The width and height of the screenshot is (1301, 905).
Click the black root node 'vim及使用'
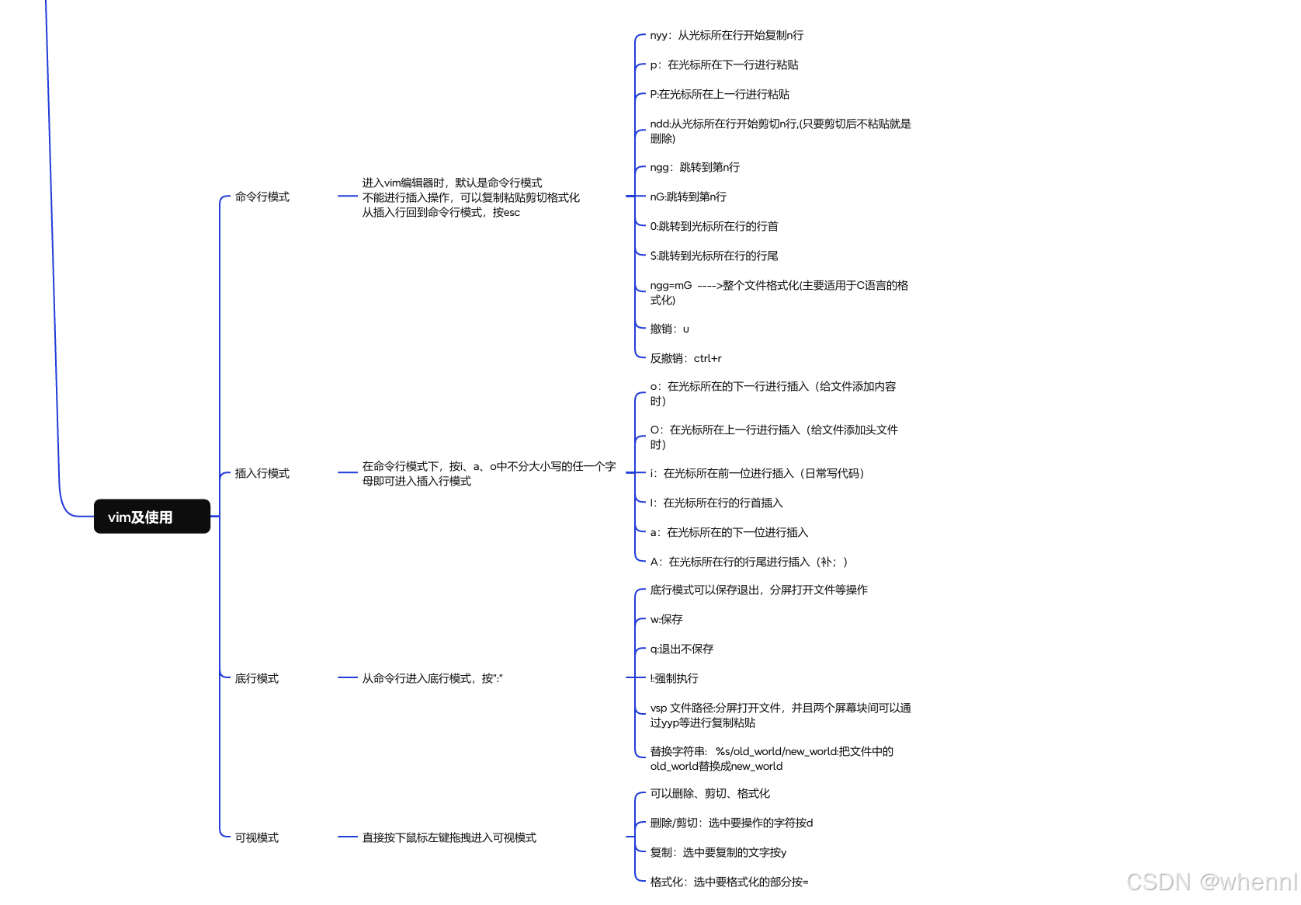(x=151, y=517)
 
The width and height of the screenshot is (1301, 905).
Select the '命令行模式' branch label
(x=262, y=197)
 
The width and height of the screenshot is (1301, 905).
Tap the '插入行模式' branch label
(x=262, y=474)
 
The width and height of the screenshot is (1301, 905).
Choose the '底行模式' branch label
(x=256, y=679)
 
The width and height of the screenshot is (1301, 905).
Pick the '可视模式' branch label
(x=256, y=838)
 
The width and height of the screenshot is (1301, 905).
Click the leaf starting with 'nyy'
(x=727, y=36)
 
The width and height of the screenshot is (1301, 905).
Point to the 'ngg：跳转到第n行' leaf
(x=695, y=168)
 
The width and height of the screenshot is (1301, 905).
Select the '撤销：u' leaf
(x=669, y=329)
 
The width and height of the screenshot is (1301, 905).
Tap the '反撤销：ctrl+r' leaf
(x=685, y=359)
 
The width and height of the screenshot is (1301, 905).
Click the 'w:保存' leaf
(x=666, y=620)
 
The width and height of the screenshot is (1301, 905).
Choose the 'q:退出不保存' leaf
(x=682, y=649)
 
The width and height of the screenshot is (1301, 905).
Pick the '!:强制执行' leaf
(x=674, y=679)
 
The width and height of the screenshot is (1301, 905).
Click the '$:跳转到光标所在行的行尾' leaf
(x=713, y=256)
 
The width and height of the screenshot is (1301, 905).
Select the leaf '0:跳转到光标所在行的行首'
(x=713, y=227)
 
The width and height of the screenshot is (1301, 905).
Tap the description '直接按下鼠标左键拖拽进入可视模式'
(x=449, y=838)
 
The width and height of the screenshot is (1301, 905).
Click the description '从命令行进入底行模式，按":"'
(x=432, y=679)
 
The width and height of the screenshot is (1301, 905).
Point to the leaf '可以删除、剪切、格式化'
(x=709, y=794)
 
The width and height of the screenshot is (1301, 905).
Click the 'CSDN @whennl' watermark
(x=1211, y=882)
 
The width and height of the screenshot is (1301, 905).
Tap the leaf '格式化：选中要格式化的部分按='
(x=729, y=882)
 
